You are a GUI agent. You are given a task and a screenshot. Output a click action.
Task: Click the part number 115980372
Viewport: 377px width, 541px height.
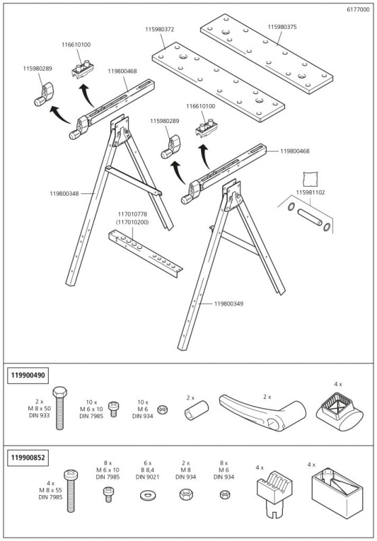[160, 29]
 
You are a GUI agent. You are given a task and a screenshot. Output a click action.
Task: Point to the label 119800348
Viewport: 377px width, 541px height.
[64, 193]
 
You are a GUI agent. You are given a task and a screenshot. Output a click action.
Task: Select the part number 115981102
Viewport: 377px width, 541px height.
[311, 192]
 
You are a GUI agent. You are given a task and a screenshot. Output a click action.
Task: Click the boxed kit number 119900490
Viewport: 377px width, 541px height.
[28, 374]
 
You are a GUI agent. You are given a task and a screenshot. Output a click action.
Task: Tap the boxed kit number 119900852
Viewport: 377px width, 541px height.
[28, 457]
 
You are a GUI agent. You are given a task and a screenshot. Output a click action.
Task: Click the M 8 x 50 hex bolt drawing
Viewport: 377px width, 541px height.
[59, 410]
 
